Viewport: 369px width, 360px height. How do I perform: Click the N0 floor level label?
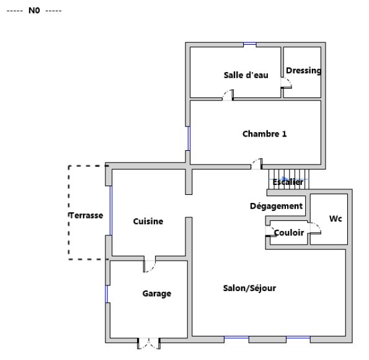coord(34,11)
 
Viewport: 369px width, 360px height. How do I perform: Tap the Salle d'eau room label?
coord(246,75)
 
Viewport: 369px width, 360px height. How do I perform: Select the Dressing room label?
coord(304,70)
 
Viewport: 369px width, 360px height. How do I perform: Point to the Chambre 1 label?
coord(265,134)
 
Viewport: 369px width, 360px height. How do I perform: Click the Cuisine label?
coord(148,221)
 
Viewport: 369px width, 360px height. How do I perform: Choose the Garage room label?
coord(157,294)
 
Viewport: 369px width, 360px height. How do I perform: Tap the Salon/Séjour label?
coord(249,288)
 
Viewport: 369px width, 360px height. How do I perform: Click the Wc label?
coord(336,218)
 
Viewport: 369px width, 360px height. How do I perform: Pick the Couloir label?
coord(289,233)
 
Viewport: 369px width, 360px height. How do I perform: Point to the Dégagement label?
coord(276,206)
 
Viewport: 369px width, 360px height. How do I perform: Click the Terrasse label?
coord(86,215)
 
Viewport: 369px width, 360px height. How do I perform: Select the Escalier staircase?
coord(289,179)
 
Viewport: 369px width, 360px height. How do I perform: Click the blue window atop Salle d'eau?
coord(250,44)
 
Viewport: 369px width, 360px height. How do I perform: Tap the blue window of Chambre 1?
coord(189,138)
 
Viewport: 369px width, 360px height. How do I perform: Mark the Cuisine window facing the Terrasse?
coord(111,210)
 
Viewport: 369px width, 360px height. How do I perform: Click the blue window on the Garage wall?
coord(107,294)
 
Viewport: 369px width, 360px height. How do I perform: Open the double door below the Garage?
coord(149,343)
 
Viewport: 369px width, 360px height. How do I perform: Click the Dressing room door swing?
coord(287,83)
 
